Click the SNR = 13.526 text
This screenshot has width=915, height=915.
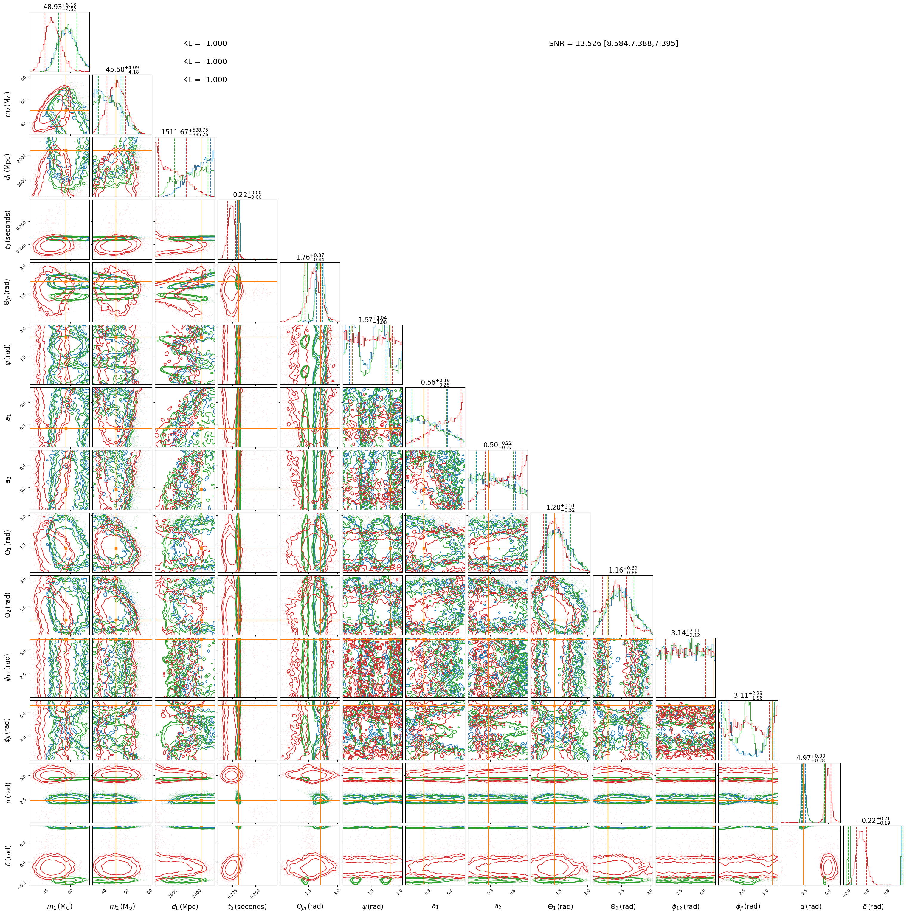coord(576,44)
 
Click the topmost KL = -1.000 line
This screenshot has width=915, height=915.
coord(205,44)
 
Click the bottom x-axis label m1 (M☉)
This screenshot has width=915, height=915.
coord(60,906)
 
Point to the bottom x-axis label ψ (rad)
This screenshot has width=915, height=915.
coord(372,906)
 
